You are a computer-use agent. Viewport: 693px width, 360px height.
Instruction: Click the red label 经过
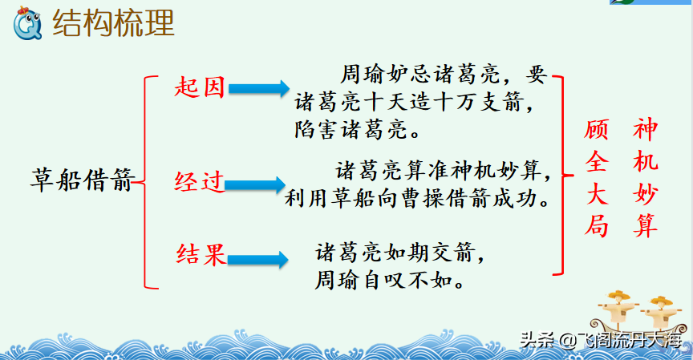click(x=198, y=183)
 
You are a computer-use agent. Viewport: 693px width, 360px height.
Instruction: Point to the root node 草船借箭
click(x=80, y=180)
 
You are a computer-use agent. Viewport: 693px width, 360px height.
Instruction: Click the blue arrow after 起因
click(x=257, y=88)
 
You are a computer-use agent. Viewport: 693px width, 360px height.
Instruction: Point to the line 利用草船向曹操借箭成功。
click(x=419, y=197)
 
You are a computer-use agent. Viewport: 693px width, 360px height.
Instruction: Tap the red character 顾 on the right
click(x=596, y=127)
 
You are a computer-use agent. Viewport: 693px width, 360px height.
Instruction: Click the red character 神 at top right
click(x=646, y=127)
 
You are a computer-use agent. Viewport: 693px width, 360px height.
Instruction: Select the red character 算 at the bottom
click(x=646, y=227)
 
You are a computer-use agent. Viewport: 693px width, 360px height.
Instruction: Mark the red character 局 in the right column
click(x=596, y=227)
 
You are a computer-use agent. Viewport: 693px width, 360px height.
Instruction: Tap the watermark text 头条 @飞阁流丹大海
click(x=602, y=340)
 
